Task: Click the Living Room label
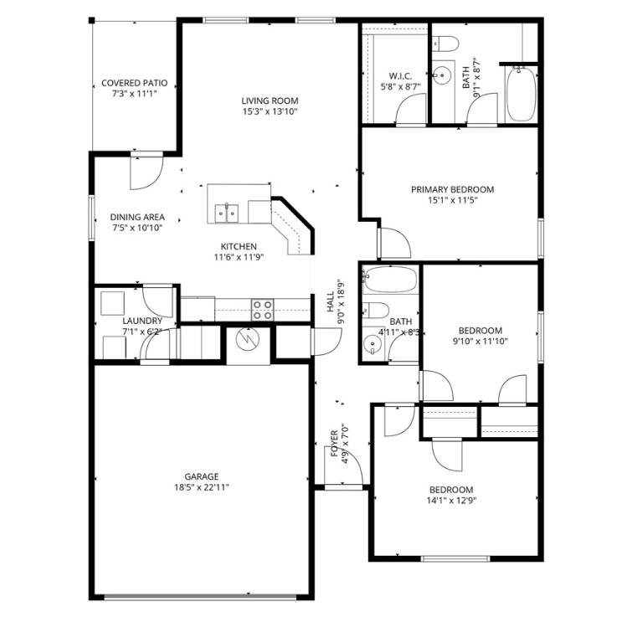tap(270, 100)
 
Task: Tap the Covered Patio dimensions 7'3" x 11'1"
tap(134, 95)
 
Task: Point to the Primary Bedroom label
tap(452, 189)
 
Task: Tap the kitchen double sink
tap(227, 212)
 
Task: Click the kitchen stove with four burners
tap(262, 309)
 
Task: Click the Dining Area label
tap(138, 216)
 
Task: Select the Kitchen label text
tap(239, 246)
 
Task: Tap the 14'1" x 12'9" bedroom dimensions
tap(451, 501)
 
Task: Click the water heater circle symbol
tap(248, 341)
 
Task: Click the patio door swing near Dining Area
tap(142, 172)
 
